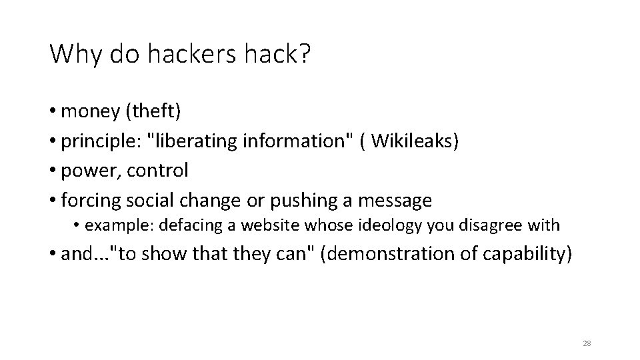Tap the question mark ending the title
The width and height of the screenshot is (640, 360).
coord(305,54)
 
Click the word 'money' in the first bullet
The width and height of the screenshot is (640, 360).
coord(89,111)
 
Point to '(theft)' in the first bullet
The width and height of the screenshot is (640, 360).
coord(151,111)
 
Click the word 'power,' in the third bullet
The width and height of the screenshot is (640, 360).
coord(90,171)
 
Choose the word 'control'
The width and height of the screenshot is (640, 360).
coord(159,170)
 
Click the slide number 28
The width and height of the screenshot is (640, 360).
coord(587,343)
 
